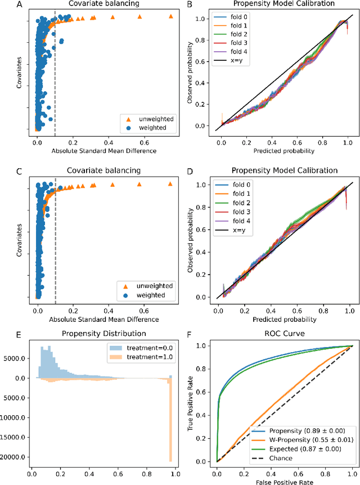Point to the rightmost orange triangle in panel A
coord(171,17)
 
